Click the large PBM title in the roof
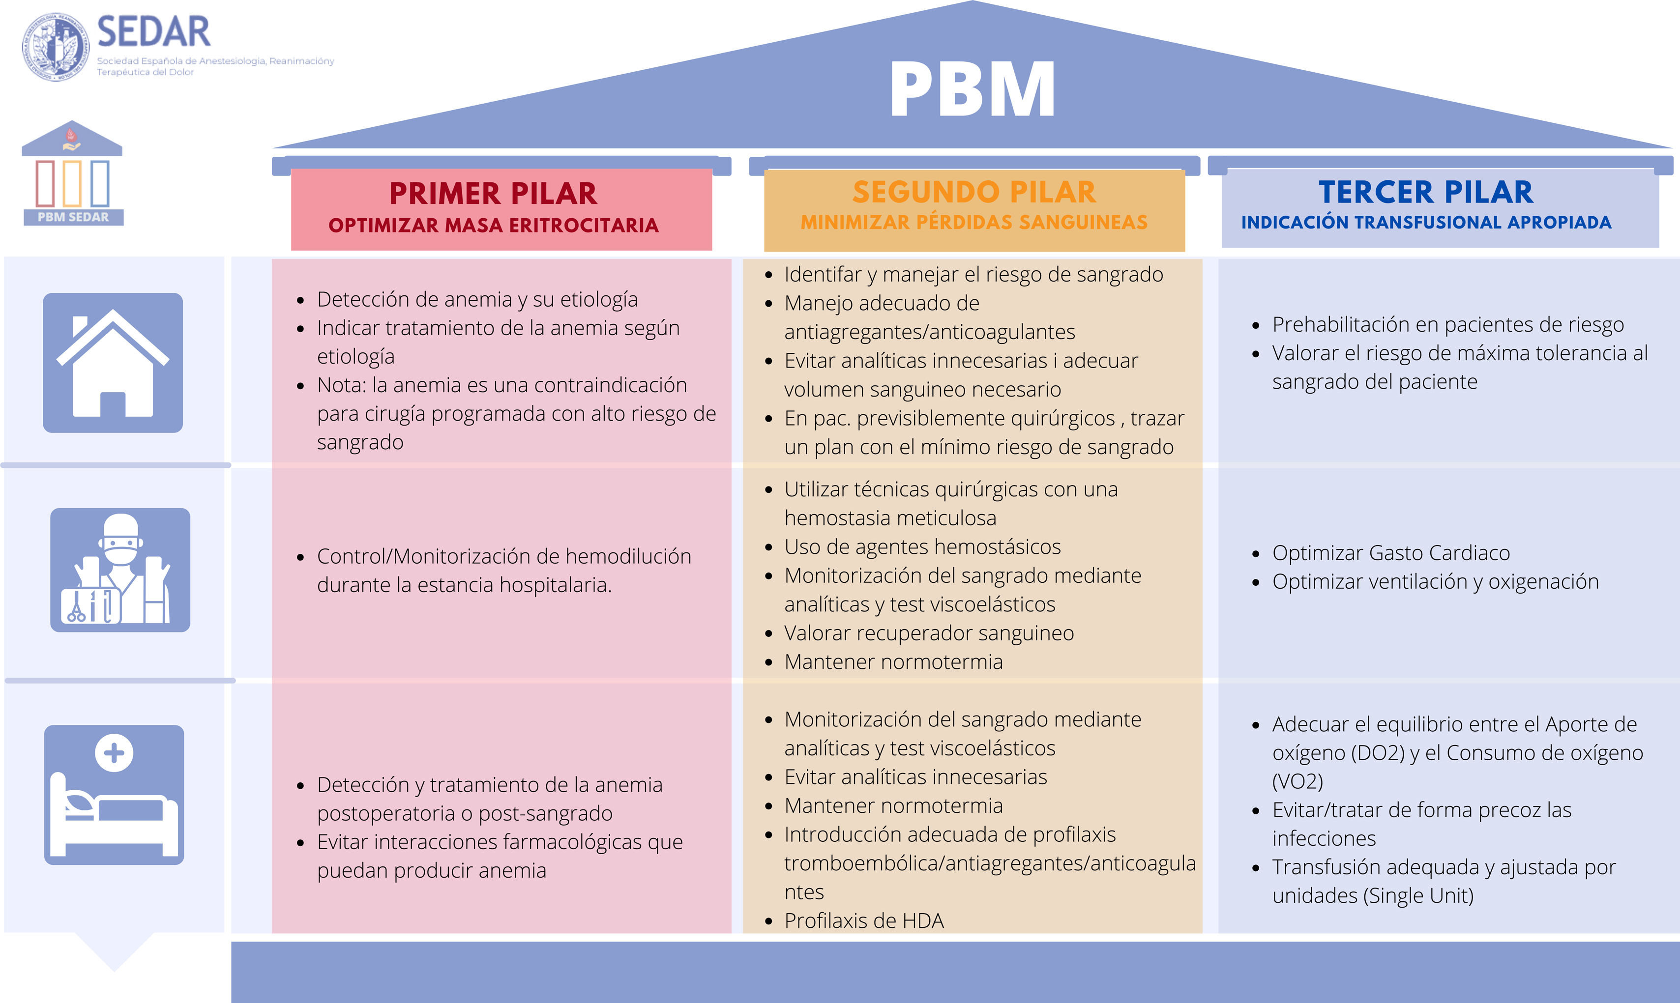point(972,90)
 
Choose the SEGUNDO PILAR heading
point(973,192)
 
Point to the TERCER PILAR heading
point(1426,192)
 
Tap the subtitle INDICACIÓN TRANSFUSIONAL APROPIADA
point(1426,222)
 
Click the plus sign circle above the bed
point(114,753)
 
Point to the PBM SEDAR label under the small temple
point(73,217)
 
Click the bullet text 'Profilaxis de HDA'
point(863,920)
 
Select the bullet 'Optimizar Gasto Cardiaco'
point(1390,553)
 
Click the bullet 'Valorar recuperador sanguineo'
point(928,633)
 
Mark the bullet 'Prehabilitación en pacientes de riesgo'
point(1447,324)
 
